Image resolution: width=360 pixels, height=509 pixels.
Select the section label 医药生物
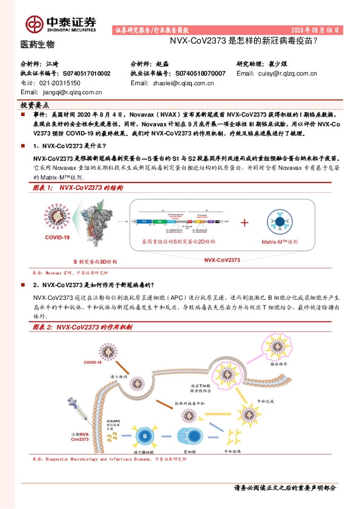pos(38,45)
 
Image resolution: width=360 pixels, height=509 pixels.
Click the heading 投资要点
pos(35,105)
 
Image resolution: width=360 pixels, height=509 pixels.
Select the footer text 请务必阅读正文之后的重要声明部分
pos(284,488)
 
